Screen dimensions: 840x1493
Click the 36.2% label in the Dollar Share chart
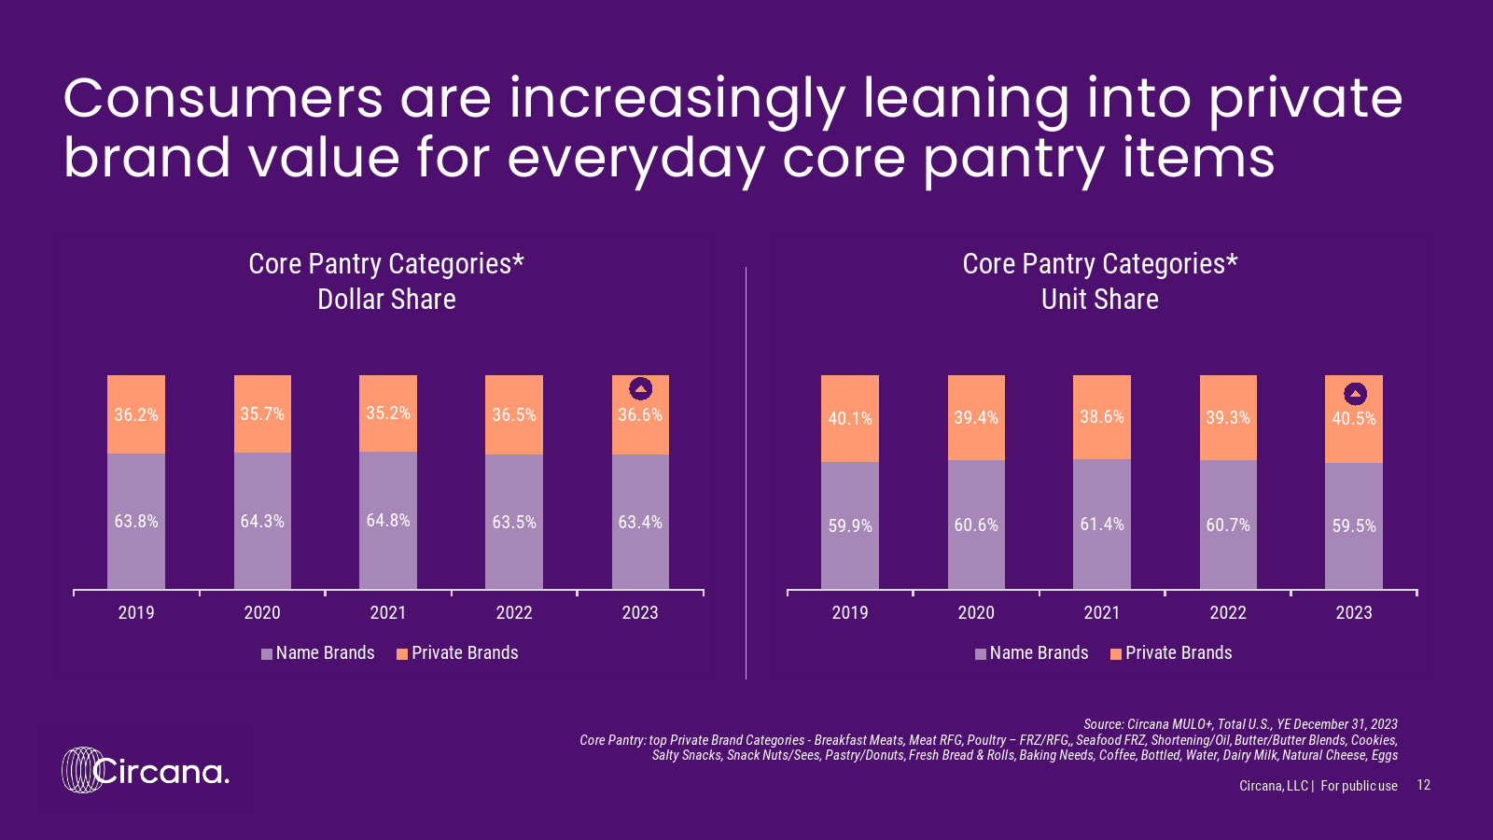[x=136, y=414]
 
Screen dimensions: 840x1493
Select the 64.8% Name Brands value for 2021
[x=388, y=520]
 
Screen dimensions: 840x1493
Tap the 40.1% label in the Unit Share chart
[x=850, y=418]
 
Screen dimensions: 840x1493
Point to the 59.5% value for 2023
[x=1354, y=525]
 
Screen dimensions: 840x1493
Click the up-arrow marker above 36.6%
[x=640, y=388]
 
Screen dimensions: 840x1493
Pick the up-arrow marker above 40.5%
[x=1355, y=394]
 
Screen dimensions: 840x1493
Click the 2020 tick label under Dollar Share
[x=262, y=612]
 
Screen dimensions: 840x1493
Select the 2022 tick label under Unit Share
[x=1228, y=612]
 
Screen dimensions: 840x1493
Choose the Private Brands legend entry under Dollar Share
[x=457, y=653]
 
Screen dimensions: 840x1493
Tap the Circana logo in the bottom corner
[x=146, y=771]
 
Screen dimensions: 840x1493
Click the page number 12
[x=1423, y=785]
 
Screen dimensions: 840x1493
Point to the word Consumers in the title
[x=223, y=98]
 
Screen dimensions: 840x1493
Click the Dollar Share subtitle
[x=386, y=300]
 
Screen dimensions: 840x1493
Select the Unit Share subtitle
[x=1100, y=300]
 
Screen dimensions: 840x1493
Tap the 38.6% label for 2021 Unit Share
[x=1102, y=416]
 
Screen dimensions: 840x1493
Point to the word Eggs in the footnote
[x=1385, y=755]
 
